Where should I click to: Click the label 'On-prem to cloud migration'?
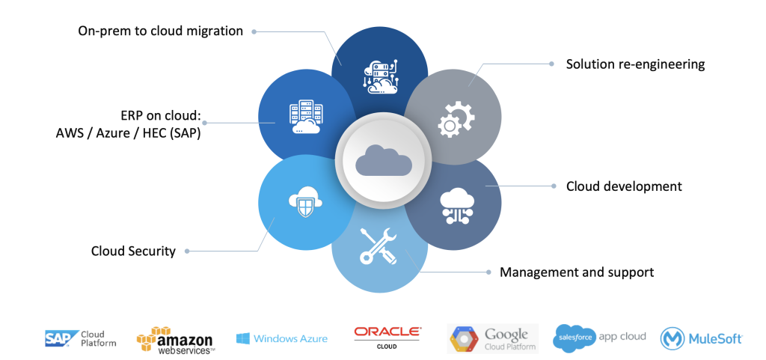tap(161, 31)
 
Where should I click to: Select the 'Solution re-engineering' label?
tap(635, 64)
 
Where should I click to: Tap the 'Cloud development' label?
tap(623, 186)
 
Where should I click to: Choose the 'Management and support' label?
tap(577, 272)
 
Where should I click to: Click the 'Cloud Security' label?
tap(133, 251)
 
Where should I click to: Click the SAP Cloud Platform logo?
tap(80, 338)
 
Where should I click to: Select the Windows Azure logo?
tap(281, 338)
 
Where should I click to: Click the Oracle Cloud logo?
tap(387, 336)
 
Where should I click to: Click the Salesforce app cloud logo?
tap(600, 337)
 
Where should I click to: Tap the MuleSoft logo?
tap(701, 338)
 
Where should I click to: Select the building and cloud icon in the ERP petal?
tap(305, 118)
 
